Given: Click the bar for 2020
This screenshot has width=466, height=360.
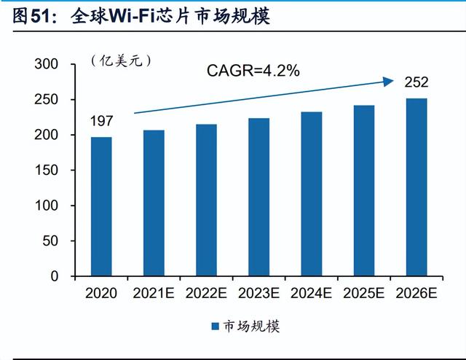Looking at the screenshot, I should pyautogui.click(x=101, y=207).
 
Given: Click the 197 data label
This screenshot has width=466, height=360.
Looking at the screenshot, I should pyautogui.click(x=102, y=120).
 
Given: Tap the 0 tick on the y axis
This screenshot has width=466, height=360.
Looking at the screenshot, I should pyautogui.click(x=53, y=276).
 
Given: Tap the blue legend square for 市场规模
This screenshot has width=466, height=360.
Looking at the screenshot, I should pyautogui.click(x=215, y=326).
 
